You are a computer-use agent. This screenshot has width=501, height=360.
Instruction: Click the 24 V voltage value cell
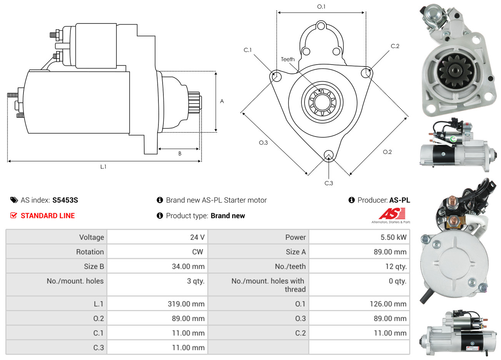(197, 237)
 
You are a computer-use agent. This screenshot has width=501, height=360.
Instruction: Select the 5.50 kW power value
(393, 237)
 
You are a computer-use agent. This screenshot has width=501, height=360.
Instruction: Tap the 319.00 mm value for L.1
(186, 304)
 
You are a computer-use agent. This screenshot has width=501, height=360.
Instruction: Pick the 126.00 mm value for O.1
(388, 304)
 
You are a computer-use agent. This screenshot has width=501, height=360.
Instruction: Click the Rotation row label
(90, 252)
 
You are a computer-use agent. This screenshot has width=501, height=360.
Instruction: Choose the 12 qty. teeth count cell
(396, 266)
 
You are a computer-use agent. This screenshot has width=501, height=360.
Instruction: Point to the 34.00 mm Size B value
(188, 266)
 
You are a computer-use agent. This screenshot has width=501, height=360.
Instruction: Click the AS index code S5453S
(65, 200)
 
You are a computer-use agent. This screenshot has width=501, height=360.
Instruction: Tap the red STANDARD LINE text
(48, 215)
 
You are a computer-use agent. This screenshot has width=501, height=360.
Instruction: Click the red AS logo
(392, 213)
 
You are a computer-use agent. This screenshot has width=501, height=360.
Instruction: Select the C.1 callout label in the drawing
(248, 50)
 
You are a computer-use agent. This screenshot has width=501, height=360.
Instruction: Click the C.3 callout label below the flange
(329, 183)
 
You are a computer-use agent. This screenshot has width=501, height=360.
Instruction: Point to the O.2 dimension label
(387, 152)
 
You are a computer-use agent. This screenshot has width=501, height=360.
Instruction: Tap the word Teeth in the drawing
(288, 59)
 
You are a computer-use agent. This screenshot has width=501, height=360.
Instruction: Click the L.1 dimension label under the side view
(103, 167)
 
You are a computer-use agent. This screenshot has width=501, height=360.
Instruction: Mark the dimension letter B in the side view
(180, 153)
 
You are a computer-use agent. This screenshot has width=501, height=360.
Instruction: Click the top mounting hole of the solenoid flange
(321, 26)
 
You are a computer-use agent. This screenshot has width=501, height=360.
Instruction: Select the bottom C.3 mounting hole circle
(329, 155)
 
